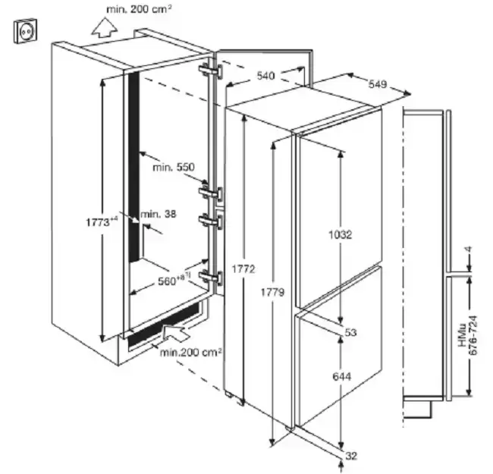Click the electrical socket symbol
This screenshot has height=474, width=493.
(x=25, y=31)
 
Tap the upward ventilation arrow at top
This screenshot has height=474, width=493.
(x=105, y=27)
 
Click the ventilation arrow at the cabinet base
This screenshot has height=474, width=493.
(x=176, y=332)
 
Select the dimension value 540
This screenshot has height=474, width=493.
(x=265, y=76)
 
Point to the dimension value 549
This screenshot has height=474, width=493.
(x=378, y=84)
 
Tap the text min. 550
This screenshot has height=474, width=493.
(x=174, y=167)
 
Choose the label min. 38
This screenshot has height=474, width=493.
(x=159, y=214)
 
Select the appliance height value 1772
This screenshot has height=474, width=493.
(x=243, y=269)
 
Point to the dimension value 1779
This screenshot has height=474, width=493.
(x=272, y=292)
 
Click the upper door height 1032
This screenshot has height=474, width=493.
(x=341, y=234)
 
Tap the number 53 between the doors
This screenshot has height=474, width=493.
(x=350, y=332)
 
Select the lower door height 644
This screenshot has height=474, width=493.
(x=342, y=376)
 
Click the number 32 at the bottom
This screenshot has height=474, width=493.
(x=351, y=456)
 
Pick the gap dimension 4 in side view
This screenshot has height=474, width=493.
(x=469, y=250)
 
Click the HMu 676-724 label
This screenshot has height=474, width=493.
(x=468, y=335)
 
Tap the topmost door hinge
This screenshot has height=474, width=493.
(x=210, y=71)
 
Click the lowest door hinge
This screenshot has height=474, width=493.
(x=210, y=278)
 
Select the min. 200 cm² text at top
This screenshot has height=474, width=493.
(x=139, y=9)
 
